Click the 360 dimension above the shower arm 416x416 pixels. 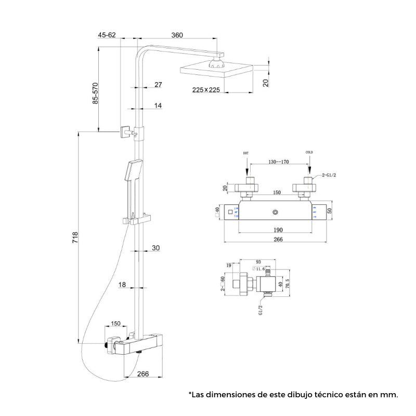pos(177,35)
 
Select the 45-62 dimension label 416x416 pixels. pos(106,35)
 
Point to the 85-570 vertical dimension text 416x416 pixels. pos(95,93)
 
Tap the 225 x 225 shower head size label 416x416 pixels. pos(206,89)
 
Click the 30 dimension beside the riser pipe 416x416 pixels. pos(156,248)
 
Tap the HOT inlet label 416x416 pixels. pos(246,153)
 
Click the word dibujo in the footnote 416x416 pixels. pos(306,395)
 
